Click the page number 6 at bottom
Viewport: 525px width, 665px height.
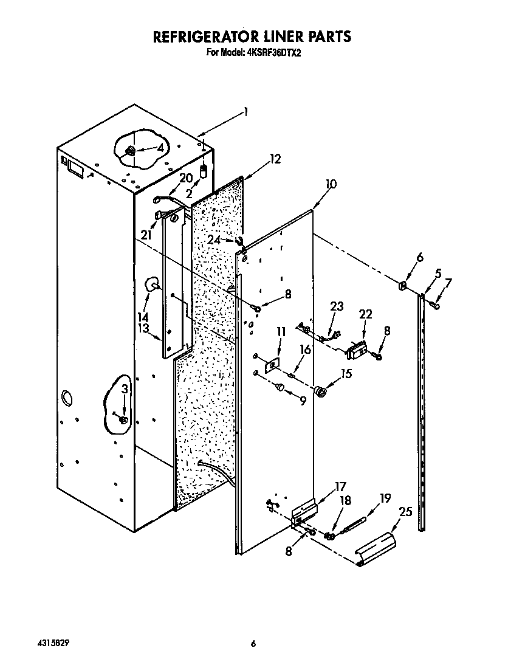point(254,644)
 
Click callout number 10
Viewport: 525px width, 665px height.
point(331,184)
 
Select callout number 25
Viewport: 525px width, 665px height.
point(405,512)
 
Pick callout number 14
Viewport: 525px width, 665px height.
point(143,316)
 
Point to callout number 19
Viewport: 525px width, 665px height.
point(384,498)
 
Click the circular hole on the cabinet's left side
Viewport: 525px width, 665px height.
point(66,399)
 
